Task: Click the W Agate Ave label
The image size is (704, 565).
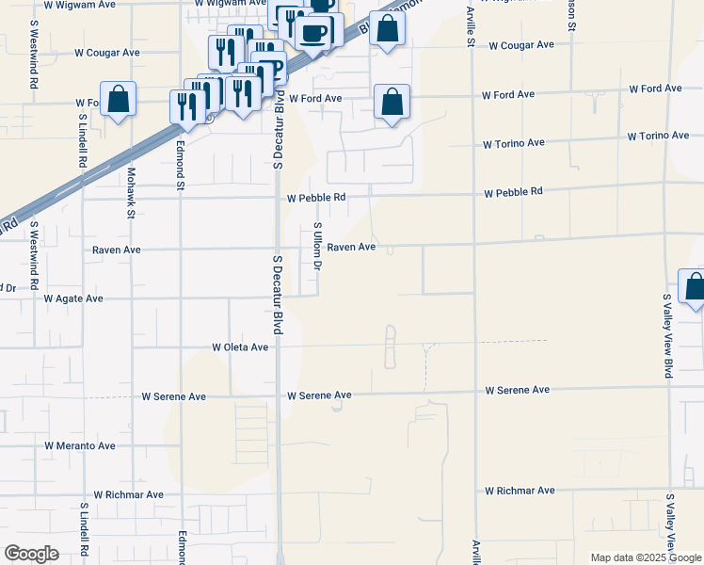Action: pyautogui.click(x=73, y=299)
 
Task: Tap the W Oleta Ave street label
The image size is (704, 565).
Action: pyautogui.click(x=240, y=347)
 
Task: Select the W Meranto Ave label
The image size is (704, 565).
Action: pyautogui.click(x=80, y=445)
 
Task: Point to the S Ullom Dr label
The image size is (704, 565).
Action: pyautogui.click(x=317, y=246)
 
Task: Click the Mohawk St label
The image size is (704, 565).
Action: pyautogui.click(x=131, y=193)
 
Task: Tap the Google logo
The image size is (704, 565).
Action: pyautogui.click(x=31, y=554)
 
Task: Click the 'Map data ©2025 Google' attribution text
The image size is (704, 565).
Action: pyautogui.click(x=645, y=557)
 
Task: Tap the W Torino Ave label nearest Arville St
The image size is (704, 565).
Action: pyautogui.click(x=514, y=144)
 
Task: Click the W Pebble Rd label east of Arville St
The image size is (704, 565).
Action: pyautogui.click(x=513, y=192)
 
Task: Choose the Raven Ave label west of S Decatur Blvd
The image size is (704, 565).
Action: pyautogui.click(x=117, y=250)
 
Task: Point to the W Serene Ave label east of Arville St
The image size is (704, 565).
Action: pyautogui.click(x=517, y=390)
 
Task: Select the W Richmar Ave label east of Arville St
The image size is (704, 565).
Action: pyautogui.click(x=520, y=491)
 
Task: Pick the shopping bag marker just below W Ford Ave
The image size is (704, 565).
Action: pyautogui.click(x=392, y=102)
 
